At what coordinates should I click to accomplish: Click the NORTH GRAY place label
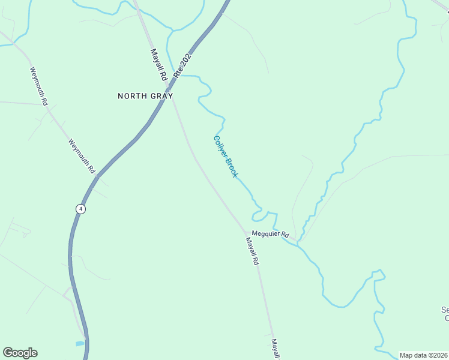[x=145, y=96]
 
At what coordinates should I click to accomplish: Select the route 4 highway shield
[x=80, y=209]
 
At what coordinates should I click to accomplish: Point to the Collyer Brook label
[x=226, y=157]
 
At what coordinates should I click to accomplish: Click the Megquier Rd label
[x=271, y=234]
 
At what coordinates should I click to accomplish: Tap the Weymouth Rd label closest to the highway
[x=82, y=157]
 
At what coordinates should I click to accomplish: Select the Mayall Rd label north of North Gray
[x=157, y=65]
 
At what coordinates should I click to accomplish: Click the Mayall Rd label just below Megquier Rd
[x=252, y=250]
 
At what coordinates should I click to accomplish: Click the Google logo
[x=20, y=353]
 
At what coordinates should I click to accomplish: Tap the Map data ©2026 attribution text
[x=424, y=355]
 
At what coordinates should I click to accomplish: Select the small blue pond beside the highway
[x=80, y=344]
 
